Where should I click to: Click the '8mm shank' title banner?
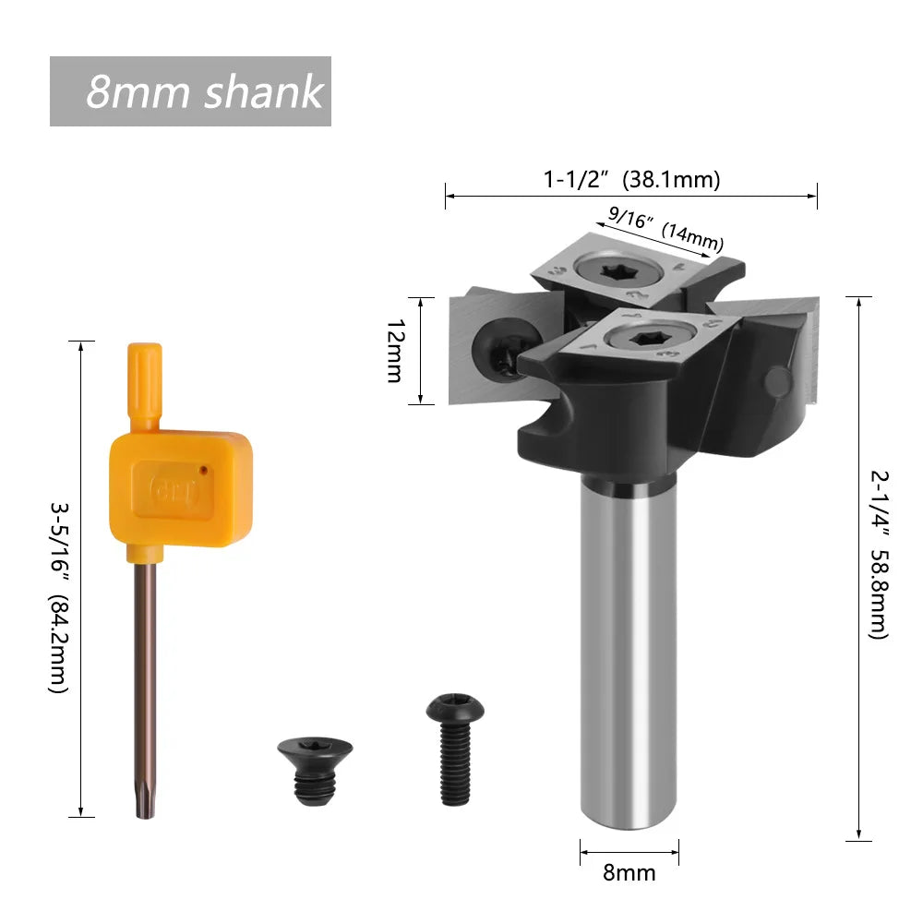[x=190, y=91]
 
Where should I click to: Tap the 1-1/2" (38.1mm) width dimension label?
[x=631, y=180]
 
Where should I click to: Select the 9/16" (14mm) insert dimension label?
[x=665, y=229]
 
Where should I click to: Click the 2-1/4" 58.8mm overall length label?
[x=878, y=555]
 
